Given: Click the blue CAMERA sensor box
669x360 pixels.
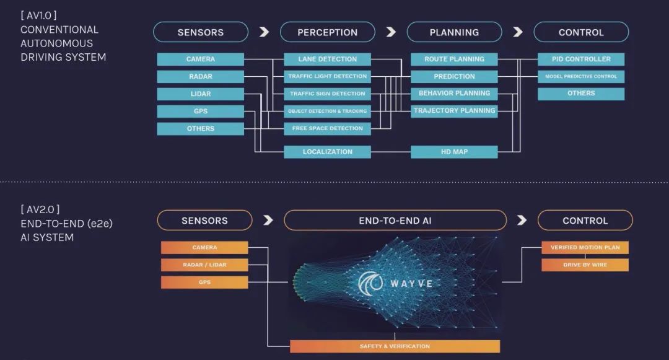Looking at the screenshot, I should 200,59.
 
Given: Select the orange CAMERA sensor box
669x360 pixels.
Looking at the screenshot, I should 204,248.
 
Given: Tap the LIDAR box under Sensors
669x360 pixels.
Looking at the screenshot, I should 200,94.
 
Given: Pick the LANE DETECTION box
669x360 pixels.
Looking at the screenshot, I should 327,59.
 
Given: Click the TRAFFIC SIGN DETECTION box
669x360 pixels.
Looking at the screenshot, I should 327,94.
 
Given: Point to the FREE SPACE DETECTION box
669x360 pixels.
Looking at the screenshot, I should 327,129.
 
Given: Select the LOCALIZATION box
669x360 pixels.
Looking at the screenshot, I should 327,152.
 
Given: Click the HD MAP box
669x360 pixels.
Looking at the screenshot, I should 454,152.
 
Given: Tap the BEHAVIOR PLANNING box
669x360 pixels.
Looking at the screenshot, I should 454,94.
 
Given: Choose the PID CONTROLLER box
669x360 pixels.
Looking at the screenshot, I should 581,59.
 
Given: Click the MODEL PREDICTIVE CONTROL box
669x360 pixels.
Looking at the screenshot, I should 581,77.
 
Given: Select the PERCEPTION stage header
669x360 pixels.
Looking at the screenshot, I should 327,32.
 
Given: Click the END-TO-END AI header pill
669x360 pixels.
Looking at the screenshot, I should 395,221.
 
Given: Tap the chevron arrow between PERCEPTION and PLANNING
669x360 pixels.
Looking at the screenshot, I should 391,32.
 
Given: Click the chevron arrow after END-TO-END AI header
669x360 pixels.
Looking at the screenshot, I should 522,221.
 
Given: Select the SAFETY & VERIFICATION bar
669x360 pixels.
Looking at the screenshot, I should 395,346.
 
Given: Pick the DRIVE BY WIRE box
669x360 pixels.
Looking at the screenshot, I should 585,265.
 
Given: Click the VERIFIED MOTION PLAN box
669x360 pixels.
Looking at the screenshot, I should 585,248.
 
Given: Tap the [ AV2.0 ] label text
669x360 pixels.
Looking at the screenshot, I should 40,209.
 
